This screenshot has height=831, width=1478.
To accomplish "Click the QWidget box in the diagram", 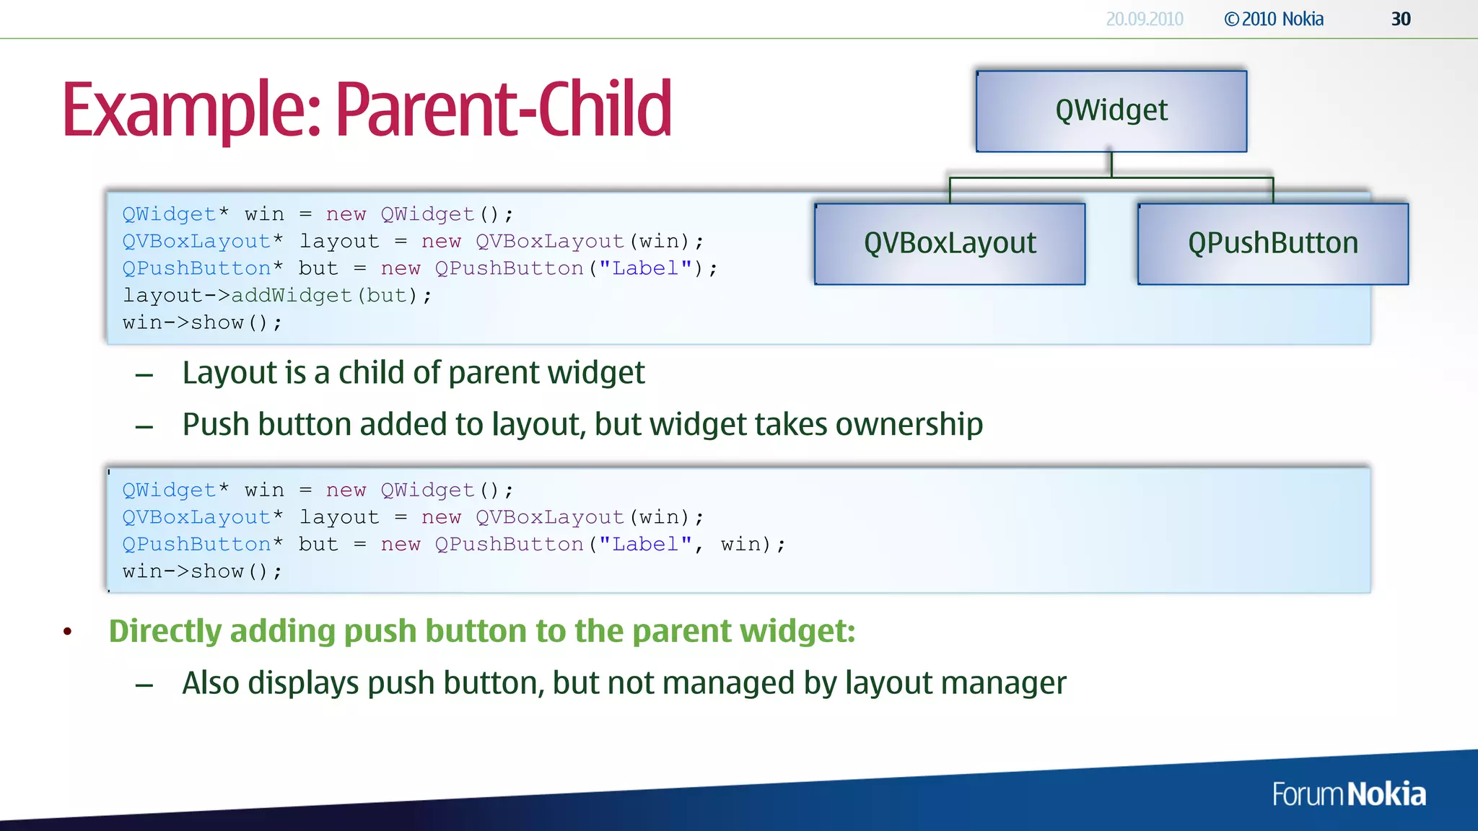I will click(x=1111, y=111).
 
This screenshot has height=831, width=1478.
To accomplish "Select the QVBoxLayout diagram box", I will click(x=950, y=244).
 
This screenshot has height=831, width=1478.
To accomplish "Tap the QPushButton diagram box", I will click(x=1272, y=244).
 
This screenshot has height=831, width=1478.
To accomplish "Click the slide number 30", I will click(x=1400, y=19).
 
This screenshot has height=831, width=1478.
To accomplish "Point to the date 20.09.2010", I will click(x=1144, y=19).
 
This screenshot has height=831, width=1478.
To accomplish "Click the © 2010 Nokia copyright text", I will click(x=1274, y=19).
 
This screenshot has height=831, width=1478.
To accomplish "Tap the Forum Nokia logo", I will click(x=1348, y=794).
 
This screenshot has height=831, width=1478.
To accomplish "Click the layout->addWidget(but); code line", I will click(x=276, y=296).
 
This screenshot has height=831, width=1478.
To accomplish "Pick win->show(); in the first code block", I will click(x=202, y=322).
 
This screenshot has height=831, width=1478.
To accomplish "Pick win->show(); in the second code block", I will click(x=202, y=571).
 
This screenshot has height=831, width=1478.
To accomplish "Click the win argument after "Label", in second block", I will click(x=740, y=544).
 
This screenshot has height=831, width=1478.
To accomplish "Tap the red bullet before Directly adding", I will click(x=68, y=632).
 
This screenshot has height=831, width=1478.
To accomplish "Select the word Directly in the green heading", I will click(x=165, y=631).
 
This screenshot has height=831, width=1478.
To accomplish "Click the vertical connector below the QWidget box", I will click(x=1111, y=164).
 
